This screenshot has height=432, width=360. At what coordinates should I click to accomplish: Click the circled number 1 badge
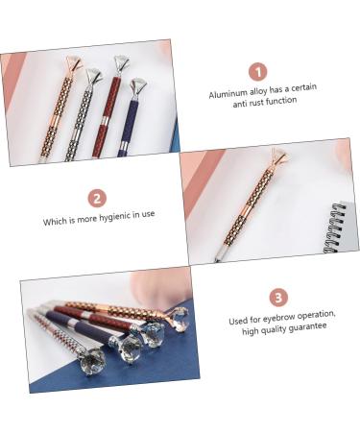point(257,72)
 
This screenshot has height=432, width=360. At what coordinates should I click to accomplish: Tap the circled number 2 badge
point(98,200)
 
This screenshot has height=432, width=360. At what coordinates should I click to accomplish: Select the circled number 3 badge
point(276,298)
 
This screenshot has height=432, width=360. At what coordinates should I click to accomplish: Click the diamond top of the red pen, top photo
point(121,67)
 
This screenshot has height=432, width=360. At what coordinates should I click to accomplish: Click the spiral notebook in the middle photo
point(339,227)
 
